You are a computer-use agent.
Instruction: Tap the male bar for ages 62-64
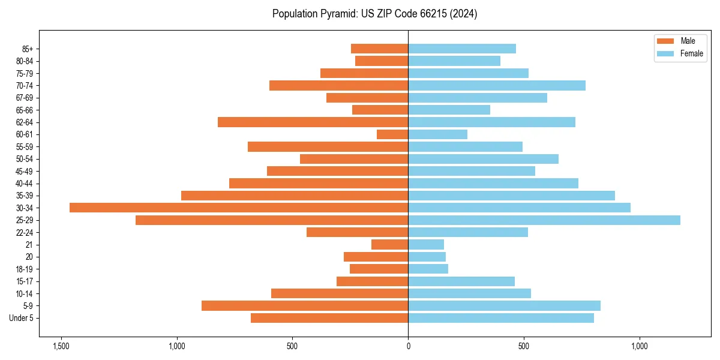[x=313, y=122]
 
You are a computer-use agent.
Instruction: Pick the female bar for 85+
[x=462, y=49]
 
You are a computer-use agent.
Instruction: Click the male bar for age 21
[x=389, y=245]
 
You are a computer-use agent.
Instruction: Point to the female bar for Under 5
[x=501, y=318]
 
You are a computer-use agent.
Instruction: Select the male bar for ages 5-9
[x=305, y=306]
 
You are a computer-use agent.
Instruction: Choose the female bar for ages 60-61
[x=437, y=134]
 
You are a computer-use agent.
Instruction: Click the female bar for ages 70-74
[x=497, y=86]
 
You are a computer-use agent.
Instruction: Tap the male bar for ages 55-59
[x=328, y=147]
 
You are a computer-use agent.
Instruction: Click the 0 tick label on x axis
[x=408, y=346]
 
